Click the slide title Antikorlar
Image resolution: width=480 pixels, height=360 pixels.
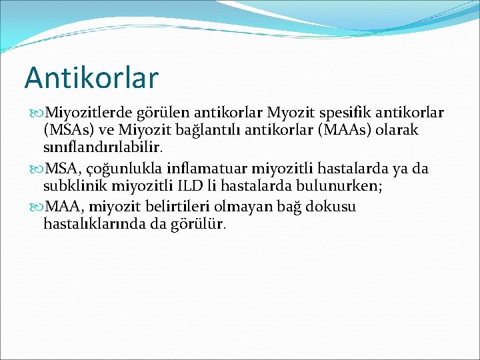(x=91, y=77)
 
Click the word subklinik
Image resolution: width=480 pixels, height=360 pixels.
(x=72, y=187)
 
